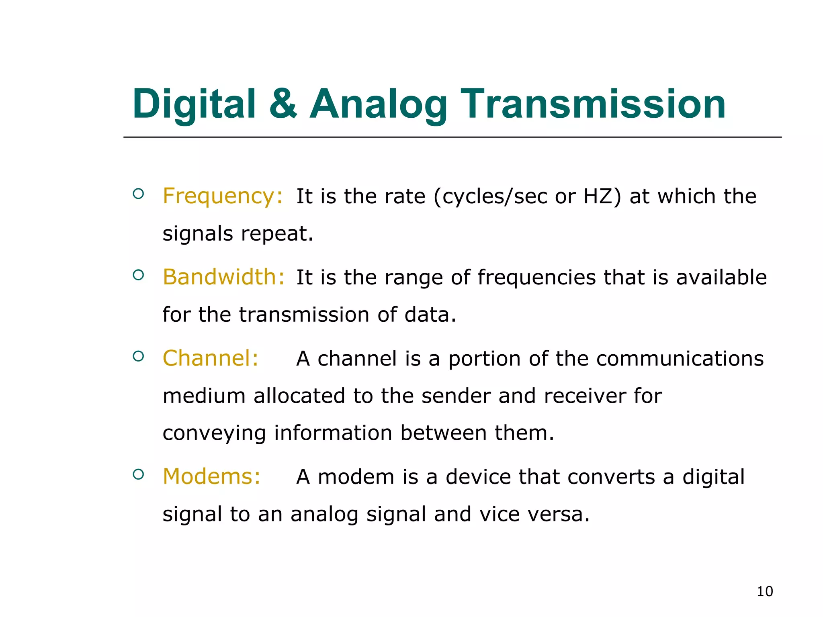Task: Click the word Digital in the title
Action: tap(194, 104)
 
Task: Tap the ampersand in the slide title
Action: tap(283, 104)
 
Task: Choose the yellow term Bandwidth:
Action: tap(224, 277)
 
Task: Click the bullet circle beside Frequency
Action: tap(138, 194)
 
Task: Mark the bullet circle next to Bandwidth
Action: tap(138, 275)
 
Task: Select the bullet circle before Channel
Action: tap(138, 356)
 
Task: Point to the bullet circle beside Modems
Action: tap(138, 474)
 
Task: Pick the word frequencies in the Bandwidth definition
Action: tap(537, 278)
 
